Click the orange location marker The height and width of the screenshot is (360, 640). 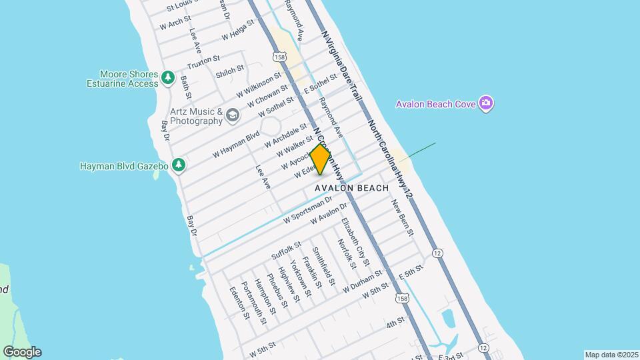(321, 159)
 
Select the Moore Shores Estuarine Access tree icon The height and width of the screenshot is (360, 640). (167, 79)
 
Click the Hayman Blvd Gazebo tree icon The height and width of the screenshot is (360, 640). (178, 165)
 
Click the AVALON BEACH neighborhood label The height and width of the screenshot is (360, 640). (351, 188)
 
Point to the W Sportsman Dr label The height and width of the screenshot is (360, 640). (307, 209)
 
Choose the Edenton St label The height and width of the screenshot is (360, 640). (238, 303)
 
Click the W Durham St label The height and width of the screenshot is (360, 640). (362, 280)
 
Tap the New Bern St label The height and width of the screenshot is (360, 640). (403, 217)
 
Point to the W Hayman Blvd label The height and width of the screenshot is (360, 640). (235, 145)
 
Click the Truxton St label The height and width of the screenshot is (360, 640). (203, 63)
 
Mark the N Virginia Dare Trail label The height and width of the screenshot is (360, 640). (341, 65)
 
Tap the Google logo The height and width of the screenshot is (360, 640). (22, 352)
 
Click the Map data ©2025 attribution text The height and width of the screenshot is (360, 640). (611, 355)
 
